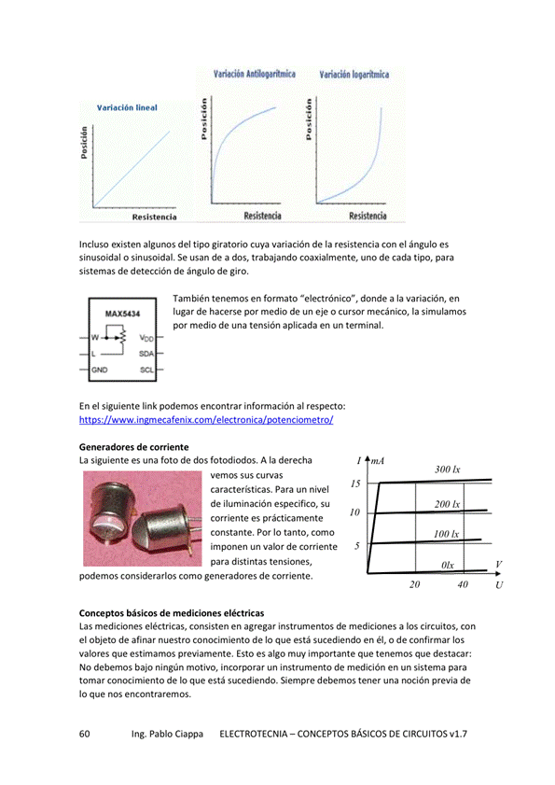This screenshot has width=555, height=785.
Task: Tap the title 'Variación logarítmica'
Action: (x=354, y=74)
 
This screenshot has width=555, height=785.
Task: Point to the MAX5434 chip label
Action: (x=122, y=315)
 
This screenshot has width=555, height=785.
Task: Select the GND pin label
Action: (x=101, y=370)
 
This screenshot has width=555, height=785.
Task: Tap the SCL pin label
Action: (x=146, y=370)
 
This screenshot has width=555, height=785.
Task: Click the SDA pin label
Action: (x=146, y=354)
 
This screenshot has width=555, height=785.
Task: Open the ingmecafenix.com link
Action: (x=206, y=420)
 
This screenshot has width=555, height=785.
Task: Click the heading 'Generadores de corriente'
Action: (x=134, y=446)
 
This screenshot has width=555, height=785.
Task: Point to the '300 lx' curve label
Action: (x=448, y=469)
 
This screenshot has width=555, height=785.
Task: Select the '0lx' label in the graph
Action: (x=448, y=566)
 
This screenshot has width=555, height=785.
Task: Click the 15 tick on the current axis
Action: (x=355, y=484)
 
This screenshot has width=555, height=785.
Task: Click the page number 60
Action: (x=85, y=735)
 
